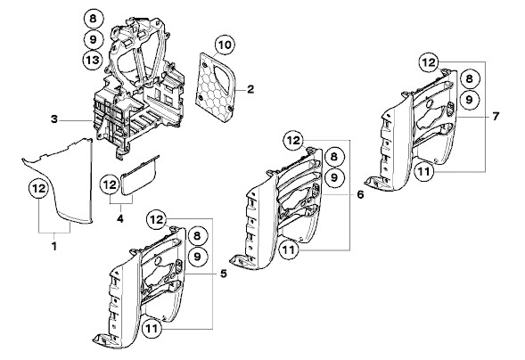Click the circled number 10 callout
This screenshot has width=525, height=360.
tap(225, 45)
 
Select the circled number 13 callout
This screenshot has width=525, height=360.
tap(93, 60)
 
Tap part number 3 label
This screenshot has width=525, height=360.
tap(54, 119)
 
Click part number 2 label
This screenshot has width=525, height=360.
tap(250, 89)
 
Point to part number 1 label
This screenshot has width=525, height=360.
tap(53, 246)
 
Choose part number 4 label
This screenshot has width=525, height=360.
tap(120, 218)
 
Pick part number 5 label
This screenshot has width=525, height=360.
tap(224, 274)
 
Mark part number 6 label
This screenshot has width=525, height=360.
tap(360, 194)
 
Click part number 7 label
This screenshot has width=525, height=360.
tap(496, 116)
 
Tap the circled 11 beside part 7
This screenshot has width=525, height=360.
tap(424, 172)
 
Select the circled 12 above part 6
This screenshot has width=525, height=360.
tap(293, 140)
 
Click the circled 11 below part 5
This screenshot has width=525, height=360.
tap(152, 328)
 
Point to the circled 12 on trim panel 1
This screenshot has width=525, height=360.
tap(39, 188)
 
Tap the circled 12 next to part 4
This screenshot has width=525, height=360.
tap(111, 184)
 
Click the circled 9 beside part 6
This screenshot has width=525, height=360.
tap(334, 177)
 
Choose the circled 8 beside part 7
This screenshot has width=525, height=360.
tap(470, 79)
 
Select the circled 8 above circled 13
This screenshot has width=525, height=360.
tap(93, 19)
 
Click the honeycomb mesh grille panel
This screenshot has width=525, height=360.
tap(215, 86)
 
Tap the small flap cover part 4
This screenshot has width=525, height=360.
tap(139, 177)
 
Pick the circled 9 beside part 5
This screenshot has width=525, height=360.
tap(198, 257)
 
